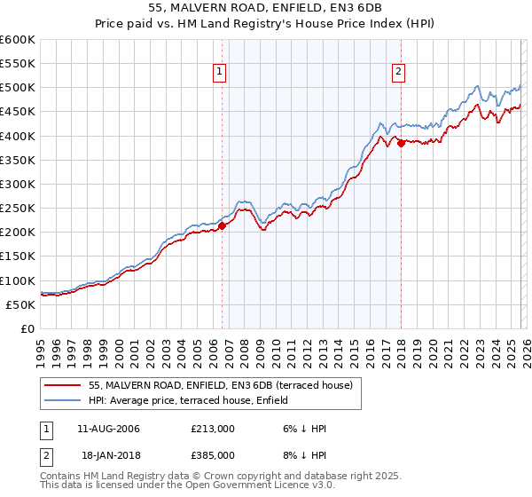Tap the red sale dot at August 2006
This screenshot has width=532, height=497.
coord(222,225)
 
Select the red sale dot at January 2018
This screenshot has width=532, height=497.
coord(401,143)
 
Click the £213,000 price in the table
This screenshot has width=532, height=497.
coord(212,429)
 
